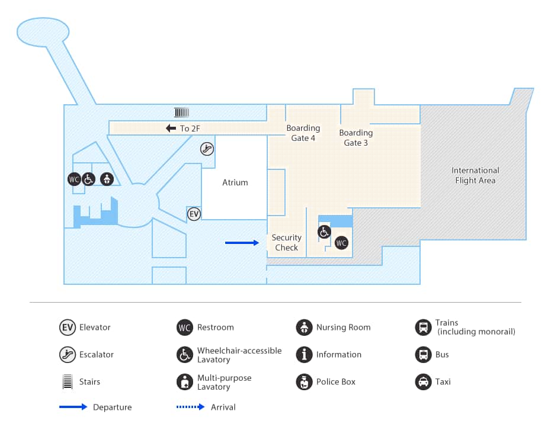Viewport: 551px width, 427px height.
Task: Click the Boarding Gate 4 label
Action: point(303,133)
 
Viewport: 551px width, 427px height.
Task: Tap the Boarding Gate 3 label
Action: point(355,138)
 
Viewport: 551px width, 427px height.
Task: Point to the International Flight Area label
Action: point(475,175)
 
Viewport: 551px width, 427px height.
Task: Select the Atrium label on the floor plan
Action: point(235,182)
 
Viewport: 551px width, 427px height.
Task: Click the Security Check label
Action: point(286,243)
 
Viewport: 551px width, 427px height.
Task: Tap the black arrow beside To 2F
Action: point(171,129)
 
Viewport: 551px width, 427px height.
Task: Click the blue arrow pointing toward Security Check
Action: point(242,243)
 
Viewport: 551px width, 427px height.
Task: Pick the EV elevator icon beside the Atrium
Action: point(194,214)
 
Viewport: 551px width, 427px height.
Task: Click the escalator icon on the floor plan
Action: point(207,149)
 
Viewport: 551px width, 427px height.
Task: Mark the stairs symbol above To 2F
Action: point(181,113)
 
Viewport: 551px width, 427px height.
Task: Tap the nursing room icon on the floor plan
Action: point(107,179)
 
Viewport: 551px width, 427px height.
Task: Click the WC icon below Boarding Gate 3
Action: point(341,243)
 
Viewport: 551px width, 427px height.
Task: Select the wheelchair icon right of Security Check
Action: point(324,232)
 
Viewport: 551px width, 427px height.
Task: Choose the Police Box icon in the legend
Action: point(304,382)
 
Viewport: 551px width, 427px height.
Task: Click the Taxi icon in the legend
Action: point(423,382)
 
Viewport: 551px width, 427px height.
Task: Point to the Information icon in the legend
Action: point(304,355)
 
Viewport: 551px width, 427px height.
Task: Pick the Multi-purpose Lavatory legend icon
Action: point(185,382)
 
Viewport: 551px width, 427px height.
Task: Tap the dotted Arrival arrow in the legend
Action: point(192,407)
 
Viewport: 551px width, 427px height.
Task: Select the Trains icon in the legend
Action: point(423,328)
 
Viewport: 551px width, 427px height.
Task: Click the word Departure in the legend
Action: point(112,407)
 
